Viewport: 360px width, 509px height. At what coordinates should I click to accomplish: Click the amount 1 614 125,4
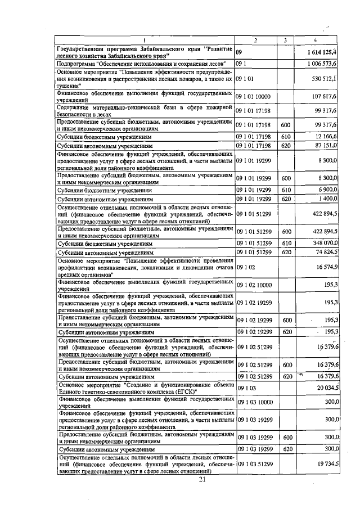[320, 52]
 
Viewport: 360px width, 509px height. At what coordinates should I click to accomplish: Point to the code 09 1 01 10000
[254, 96]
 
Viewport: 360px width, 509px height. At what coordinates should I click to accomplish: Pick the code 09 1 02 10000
[254, 286]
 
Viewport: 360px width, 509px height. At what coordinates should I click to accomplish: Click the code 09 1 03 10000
[254, 403]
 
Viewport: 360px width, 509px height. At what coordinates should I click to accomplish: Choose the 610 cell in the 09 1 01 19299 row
[285, 190]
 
